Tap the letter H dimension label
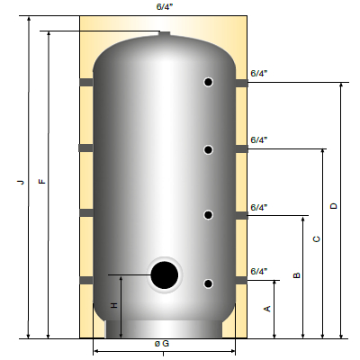coord(113,306)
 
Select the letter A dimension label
coord(267,308)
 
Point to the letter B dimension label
coord(296,275)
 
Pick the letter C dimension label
coord(315,239)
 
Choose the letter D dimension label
coord(334,206)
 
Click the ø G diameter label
coord(162,345)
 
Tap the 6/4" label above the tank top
coord(165,7)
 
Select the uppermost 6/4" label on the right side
coord(259,73)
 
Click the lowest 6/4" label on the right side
coord(259,271)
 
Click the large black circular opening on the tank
coord(164,275)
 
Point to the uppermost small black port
coord(208,82)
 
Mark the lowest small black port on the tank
coord(208,283)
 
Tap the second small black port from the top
coord(208,148)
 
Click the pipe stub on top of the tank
coord(164,34)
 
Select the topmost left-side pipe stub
coord(86,83)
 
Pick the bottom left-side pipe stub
coord(86,281)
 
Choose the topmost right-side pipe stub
coord(241,83)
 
